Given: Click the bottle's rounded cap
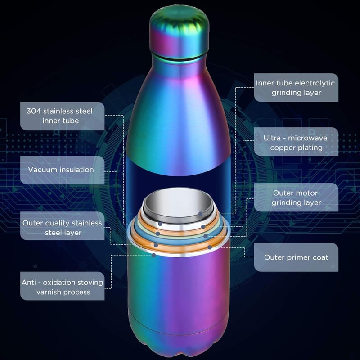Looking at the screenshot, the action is coord(179,32).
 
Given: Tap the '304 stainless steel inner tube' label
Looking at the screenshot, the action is coord(62,116).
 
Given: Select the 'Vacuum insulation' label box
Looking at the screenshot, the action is coord(62,170).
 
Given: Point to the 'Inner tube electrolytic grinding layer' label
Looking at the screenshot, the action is coord(296,88).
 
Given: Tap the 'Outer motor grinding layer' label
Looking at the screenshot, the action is coord(296,198).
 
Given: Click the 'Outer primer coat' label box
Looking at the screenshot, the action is coord(296,257).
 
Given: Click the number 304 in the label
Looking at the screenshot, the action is coord(34,111).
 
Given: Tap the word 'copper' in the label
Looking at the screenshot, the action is coord(283,148).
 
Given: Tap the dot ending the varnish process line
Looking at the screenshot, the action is coord(154,255).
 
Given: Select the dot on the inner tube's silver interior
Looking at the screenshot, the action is coord(200,214).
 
